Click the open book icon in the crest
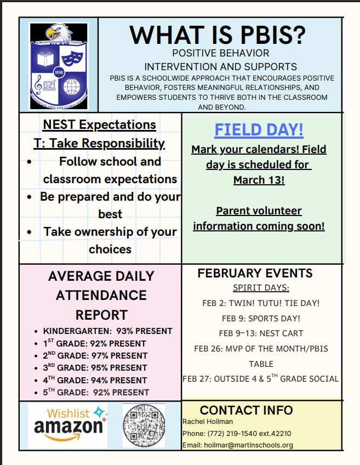[45, 56]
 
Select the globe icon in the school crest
[71, 86]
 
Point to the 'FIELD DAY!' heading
[259, 130]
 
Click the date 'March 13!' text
[259, 180]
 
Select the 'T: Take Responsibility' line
[99, 144]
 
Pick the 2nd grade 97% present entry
[95, 356]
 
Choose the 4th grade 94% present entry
[95, 380]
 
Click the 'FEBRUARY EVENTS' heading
[255, 273]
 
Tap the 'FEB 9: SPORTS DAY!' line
[261, 318]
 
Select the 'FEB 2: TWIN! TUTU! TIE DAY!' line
[261, 303]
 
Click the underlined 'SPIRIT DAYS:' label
[261, 288]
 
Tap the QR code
[144, 425]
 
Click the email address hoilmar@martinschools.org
[237, 445]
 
